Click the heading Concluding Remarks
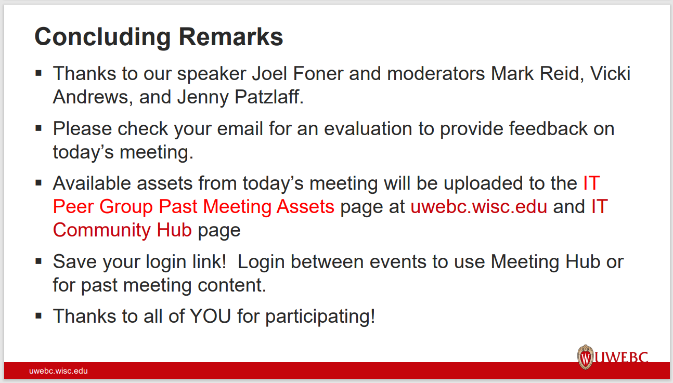click(x=159, y=37)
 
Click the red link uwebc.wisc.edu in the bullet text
click(x=478, y=207)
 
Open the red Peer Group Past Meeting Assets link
click(x=193, y=207)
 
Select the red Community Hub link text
click(x=122, y=230)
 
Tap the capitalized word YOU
click(x=210, y=316)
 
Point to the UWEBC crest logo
click(x=586, y=357)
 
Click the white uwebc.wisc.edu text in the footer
click(x=58, y=371)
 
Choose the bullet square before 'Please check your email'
click(x=38, y=127)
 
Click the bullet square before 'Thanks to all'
click(x=38, y=315)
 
